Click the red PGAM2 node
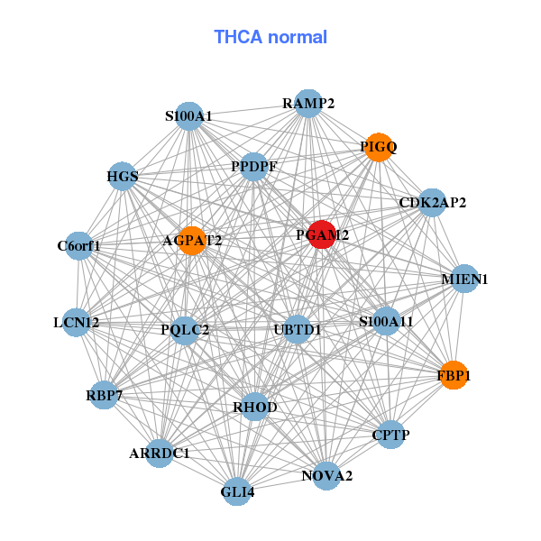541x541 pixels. click(322, 234)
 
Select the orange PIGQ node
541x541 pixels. click(380, 146)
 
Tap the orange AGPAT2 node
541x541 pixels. click(191, 241)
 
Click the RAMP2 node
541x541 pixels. click(308, 103)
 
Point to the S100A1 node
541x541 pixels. click(188, 116)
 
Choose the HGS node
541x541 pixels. click(123, 177)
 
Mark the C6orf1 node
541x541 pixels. click(79, 245)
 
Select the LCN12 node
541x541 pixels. click(77, 322)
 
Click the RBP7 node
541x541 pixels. click(104, 394)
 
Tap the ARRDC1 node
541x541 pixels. click(160, 453)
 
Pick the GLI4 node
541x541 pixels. click(237, 491)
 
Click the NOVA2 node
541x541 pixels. click(326, 475)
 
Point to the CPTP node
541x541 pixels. click(390, 436)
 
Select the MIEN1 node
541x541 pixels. click(464, 280)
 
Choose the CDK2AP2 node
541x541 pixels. click(433, 203)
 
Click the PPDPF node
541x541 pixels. click(254, 167)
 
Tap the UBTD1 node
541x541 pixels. click(297, 329)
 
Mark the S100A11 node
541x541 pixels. click(386, 321)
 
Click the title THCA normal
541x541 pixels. click(270, 37)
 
